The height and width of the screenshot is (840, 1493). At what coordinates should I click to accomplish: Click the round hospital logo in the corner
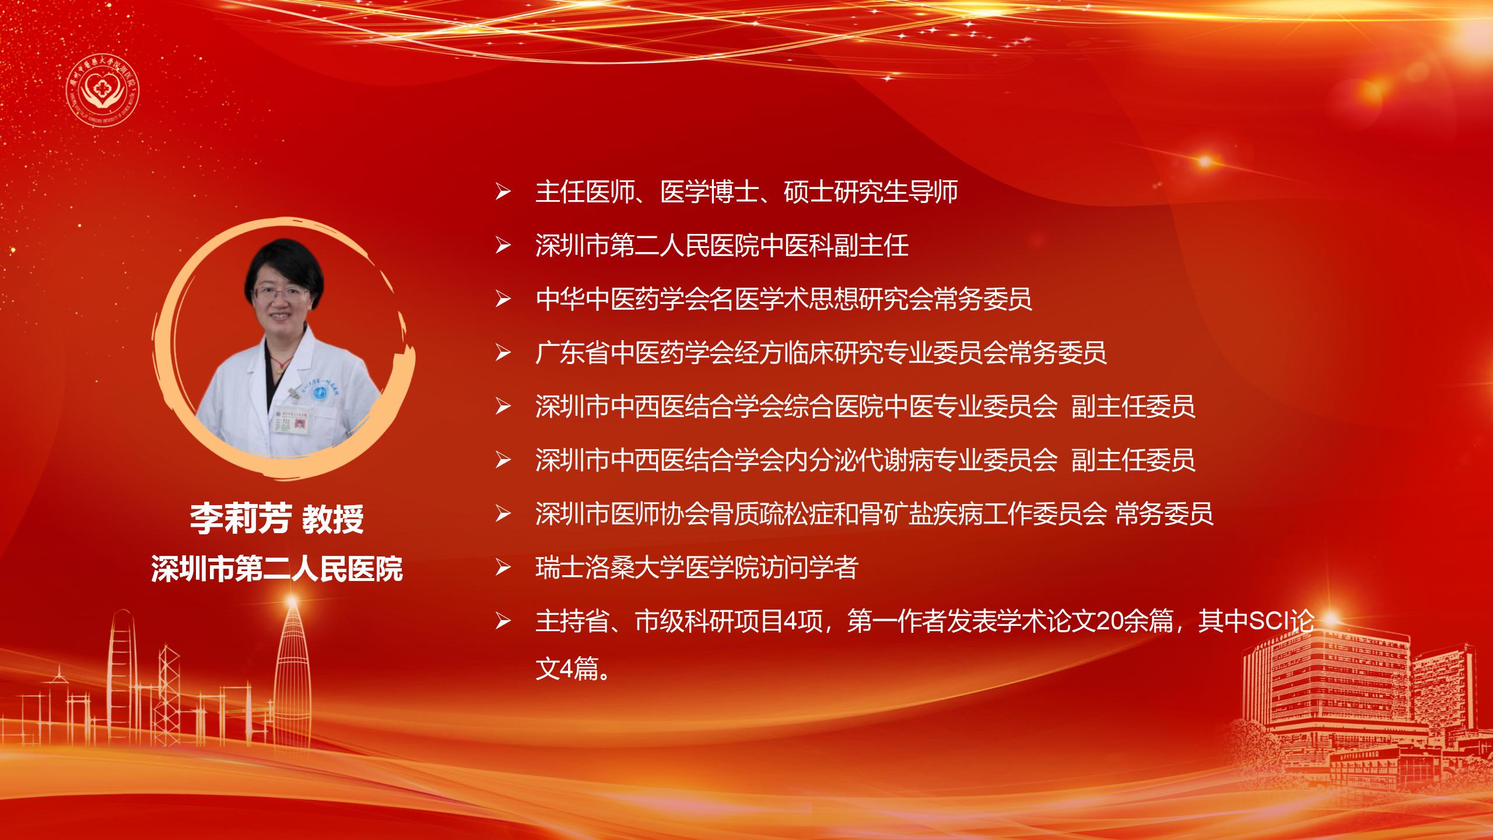click(x=103, y=86)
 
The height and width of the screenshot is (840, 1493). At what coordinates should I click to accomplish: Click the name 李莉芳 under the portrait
click(x=240, y=519)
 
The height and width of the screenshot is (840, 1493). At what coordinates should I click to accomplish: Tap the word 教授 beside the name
click(x=332, y=519)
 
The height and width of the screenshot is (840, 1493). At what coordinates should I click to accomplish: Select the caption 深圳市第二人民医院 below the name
click(x=277, y=569)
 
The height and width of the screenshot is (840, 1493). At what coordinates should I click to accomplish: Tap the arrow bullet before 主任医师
click(x=503, y=192)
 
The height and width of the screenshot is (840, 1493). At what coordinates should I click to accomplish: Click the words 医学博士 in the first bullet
click(x=710, y=192)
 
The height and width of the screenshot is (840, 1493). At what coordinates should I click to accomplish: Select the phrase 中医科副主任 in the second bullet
click(x=835, y=246)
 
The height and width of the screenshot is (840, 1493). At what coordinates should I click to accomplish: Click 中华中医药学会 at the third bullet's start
click(x=623, y=299)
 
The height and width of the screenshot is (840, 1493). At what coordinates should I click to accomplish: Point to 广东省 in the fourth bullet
click(x=573, y=353)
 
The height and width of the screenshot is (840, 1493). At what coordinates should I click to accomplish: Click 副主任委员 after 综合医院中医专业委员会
click(x=1133, y=407)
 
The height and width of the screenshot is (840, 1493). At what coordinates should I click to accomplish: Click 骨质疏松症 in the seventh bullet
click(x=772, y=514)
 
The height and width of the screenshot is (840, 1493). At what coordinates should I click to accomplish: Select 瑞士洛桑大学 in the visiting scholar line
click(x=611, y=568)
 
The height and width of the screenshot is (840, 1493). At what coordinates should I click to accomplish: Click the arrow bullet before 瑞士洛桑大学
click(x=503, y=568)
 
